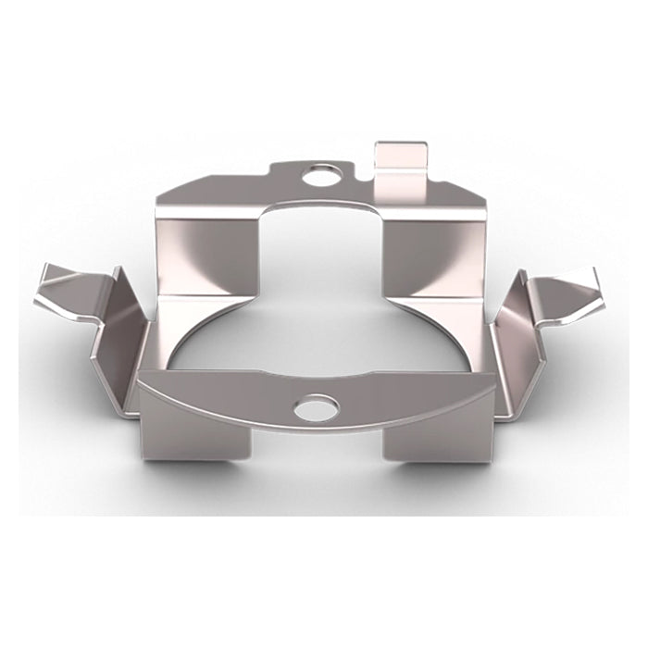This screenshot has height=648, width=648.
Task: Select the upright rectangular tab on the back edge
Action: pos(401,167)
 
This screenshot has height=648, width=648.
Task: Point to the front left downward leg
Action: pos(196,435)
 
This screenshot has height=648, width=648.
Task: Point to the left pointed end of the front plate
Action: pos(140,377)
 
